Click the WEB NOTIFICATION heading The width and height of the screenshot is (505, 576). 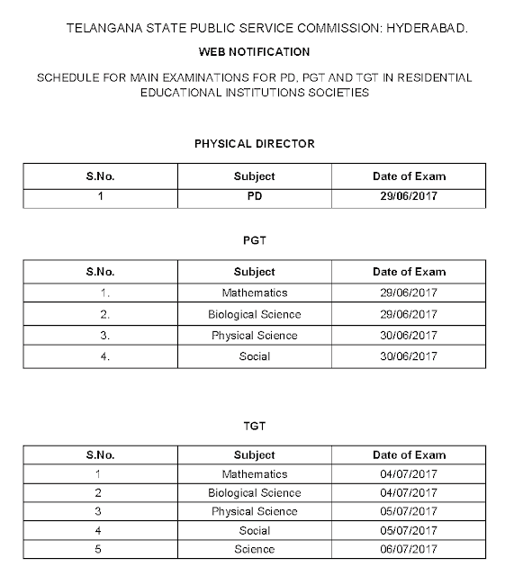[254, 52]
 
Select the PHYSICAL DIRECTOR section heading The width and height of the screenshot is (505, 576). [254, 144]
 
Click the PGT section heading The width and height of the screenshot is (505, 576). [254, 240]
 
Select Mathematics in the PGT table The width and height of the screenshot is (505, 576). [254, 292]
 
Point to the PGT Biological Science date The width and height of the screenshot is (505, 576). [409, 314]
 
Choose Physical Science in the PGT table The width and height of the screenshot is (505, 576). [254, 336]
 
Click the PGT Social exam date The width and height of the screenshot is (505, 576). [409, 356]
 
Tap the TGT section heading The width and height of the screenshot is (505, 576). [254, 426]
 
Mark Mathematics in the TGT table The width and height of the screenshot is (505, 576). [254, 474]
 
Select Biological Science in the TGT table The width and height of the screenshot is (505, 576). [254, 493]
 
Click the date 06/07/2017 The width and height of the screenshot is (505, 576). [409, 549]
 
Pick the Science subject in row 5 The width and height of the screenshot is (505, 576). [254, 549]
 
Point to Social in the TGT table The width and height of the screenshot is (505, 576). [254, 531]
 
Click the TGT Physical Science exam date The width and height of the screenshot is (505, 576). [409, 512]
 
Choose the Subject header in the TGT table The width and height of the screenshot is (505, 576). [254, 454]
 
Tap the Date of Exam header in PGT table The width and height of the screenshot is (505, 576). [409, 272]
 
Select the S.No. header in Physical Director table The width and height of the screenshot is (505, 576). [100, 176]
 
